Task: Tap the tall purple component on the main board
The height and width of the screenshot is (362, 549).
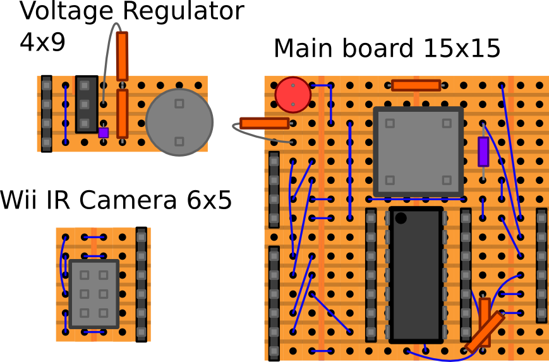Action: pos(483,152)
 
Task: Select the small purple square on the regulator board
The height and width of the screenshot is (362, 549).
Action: pos(104,132)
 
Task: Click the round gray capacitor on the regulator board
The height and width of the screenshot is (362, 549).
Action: pos(179,122)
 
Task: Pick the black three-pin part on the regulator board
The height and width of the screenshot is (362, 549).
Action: pos(87,104)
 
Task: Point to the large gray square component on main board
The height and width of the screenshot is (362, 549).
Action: pos(418,151)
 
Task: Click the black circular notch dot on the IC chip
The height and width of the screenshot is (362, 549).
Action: pos(401,219)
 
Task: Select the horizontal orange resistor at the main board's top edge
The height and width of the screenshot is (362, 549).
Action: pos(416,85)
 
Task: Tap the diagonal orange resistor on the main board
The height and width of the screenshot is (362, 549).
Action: pos(485,331)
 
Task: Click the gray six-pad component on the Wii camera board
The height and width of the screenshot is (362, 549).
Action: pos(94,294)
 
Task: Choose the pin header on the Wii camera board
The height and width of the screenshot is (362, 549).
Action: pos(142,284)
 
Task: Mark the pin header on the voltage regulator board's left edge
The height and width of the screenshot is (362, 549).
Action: pos(46,114)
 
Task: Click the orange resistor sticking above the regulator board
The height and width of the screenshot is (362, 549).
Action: pos(122,56)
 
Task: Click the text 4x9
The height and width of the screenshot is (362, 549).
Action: pos(43,42)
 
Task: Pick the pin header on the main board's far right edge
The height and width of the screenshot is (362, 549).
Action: pos(541,265)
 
